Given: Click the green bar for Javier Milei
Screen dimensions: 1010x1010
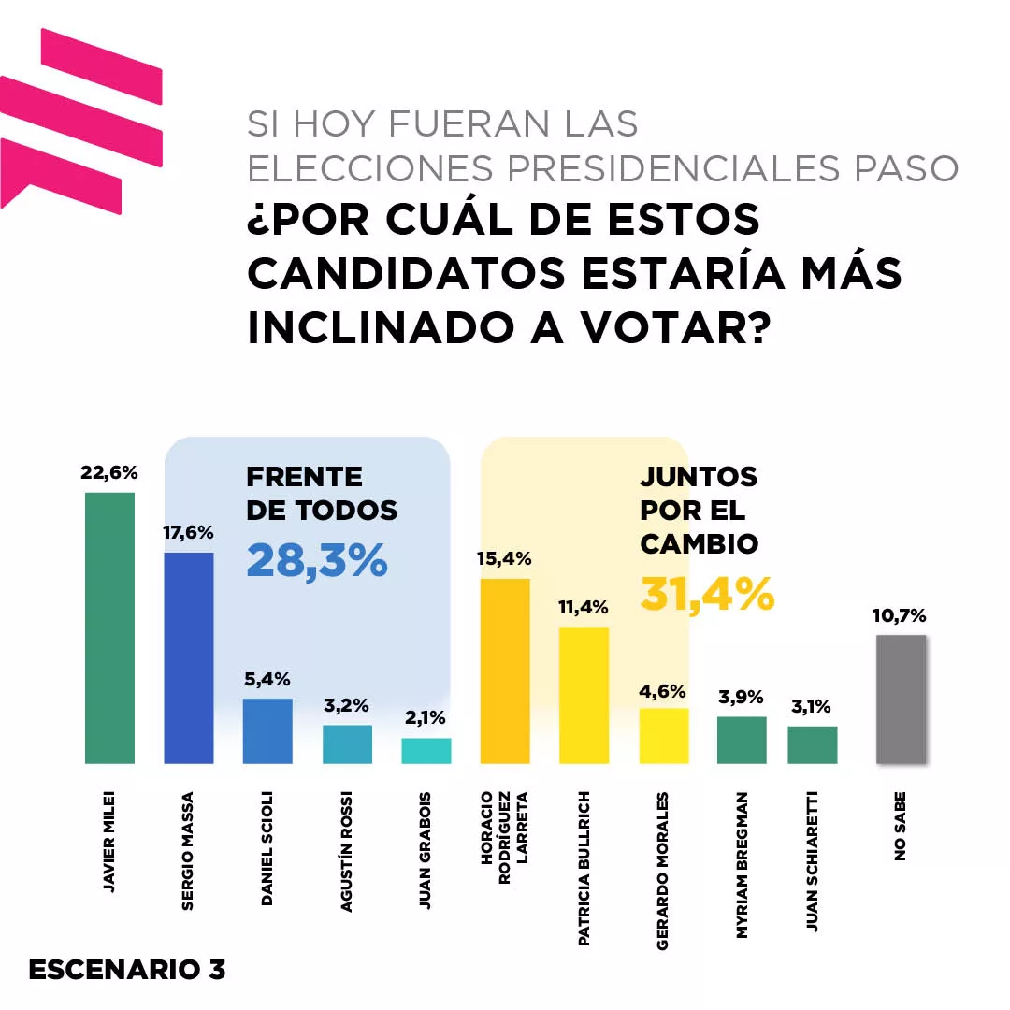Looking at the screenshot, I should [109, 627].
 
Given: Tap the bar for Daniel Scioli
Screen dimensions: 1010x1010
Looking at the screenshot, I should [267, 730].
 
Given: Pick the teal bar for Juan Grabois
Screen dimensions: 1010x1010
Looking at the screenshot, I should [426, 750].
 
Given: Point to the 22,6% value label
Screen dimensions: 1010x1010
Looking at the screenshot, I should [109, 473].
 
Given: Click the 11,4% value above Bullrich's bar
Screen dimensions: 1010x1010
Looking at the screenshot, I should [584, 608].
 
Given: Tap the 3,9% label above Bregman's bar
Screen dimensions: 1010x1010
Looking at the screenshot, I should [742, 697].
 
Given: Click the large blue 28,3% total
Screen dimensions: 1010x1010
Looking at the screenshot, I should [317, 561].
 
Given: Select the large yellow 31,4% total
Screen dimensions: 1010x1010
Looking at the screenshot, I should [707, 595].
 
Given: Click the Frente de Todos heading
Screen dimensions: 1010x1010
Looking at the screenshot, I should [321, 494].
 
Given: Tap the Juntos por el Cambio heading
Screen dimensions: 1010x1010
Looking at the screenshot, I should [699, 511].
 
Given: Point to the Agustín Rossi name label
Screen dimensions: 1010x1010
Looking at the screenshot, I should [347, 852].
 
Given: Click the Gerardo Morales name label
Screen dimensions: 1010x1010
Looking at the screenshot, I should [663, 871].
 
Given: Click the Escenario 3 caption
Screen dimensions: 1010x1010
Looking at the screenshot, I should [127, 970].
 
